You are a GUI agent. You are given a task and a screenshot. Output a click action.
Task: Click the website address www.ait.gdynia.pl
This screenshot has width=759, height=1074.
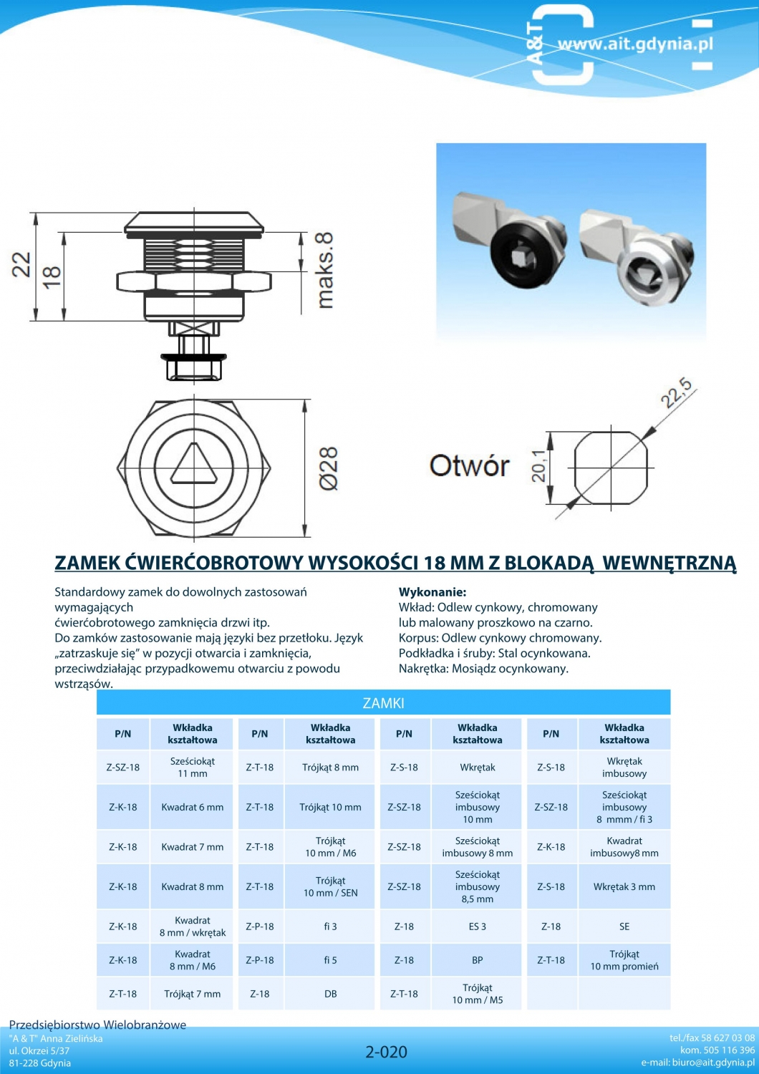[636, 44]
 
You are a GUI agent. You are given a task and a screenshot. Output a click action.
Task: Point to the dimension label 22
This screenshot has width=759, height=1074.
[21, 264]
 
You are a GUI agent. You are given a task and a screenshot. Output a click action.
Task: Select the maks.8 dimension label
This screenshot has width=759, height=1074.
[325, 270]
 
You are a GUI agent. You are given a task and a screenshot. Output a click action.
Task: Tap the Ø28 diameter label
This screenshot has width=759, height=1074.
[329, 468]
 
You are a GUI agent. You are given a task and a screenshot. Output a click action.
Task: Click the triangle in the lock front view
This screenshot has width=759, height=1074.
[194, 464]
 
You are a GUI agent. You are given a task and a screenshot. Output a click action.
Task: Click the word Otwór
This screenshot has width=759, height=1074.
[469, 465]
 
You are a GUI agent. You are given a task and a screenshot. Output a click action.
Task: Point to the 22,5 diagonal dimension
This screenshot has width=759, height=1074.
[677, 392]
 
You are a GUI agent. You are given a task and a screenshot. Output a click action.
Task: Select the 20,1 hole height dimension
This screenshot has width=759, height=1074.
[539, 466]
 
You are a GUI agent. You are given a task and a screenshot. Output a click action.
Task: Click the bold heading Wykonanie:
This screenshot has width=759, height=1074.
[432, 591]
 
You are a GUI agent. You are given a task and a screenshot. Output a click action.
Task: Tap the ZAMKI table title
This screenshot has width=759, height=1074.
[383, 703]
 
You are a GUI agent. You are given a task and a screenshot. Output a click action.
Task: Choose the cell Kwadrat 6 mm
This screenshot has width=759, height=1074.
[193, 807]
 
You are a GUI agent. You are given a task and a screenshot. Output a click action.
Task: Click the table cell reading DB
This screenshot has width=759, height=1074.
[330, 994]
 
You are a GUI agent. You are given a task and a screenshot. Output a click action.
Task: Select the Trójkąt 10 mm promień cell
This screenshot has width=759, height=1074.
[624, 960]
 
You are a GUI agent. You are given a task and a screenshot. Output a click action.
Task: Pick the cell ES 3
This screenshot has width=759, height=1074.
[478, 927]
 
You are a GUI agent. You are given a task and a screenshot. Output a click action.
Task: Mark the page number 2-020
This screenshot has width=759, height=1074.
[386, 1052]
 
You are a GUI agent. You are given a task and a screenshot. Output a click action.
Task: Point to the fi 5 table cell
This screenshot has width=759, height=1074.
[330, 960]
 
